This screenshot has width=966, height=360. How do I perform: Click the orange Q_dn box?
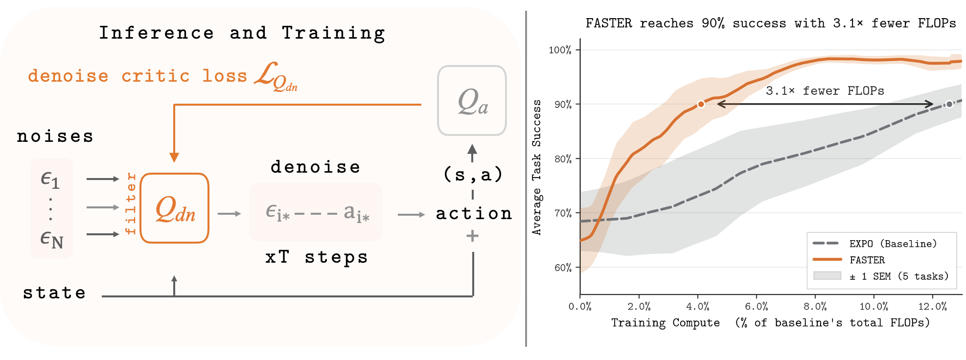tap(175, 208)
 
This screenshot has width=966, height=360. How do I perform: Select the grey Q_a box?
tap(472, 101)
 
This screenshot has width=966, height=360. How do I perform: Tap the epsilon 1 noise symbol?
tap(50, 180)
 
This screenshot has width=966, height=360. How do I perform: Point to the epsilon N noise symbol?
tap(51, 239)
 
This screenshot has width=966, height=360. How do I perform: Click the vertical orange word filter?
tap(130, 203)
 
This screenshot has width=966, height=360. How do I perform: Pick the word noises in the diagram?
tap(55, 136)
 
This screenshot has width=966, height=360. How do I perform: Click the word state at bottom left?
tap(54, 292)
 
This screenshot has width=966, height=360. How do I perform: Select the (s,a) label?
tap(473, 174)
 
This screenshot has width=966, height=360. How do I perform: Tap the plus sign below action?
tap(472, 236)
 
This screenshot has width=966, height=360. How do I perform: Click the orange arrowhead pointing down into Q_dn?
tap(174, 157)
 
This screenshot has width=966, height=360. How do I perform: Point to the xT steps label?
tap(316, 257)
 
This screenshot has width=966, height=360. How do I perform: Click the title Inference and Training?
tap(242, 33)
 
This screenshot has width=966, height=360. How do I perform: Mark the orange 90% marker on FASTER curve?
tap(701, 104)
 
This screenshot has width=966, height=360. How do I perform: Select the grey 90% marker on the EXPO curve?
tap(949, 104)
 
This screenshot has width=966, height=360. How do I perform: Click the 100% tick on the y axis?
tap(560, 50)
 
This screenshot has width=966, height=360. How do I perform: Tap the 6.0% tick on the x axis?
tap(756, 307)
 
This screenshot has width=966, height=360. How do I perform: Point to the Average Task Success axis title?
tap(537, 167)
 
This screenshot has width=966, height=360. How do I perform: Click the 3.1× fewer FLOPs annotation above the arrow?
tap(825, 91)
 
